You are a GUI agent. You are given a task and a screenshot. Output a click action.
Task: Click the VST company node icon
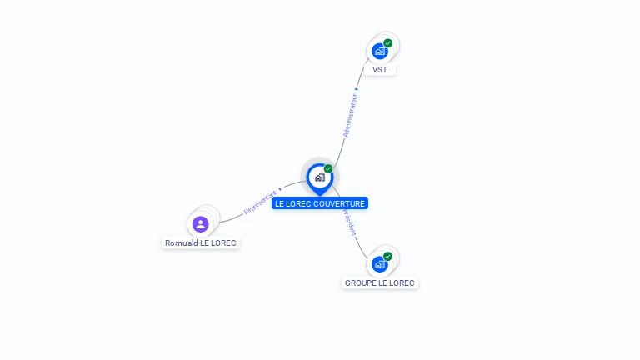[x=380, y=51]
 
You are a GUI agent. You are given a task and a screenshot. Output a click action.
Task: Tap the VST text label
[x=380, y=70]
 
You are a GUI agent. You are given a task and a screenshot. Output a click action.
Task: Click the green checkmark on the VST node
[x=388, y=43]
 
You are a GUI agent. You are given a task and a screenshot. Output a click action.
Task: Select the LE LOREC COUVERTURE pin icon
[x=319, y=177]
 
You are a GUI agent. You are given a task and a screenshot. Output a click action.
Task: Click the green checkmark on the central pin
[x=328, y=169]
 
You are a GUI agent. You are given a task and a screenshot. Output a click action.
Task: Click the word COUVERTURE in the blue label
[x=340, y=203]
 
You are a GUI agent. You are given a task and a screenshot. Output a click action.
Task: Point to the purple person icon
[x=200, y=223]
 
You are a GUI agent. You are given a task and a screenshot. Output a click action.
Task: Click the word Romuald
[x=181, y=243]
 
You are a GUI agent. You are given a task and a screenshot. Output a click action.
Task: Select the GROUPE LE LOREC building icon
[x=380, y=264]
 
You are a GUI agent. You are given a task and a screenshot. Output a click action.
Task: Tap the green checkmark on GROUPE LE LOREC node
[x=388, y=256]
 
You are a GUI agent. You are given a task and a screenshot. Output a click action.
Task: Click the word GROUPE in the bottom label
[x=360, y=283]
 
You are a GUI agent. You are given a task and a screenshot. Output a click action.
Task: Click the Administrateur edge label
[x=350, y=116]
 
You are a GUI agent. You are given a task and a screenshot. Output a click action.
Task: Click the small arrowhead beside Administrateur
[x=357, y=88]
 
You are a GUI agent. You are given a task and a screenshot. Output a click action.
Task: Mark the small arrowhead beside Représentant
[x=280, y=189]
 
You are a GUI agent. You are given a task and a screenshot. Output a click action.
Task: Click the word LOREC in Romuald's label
[x=223, y=243]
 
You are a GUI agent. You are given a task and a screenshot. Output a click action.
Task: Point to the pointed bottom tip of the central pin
[x=319, y=195]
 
